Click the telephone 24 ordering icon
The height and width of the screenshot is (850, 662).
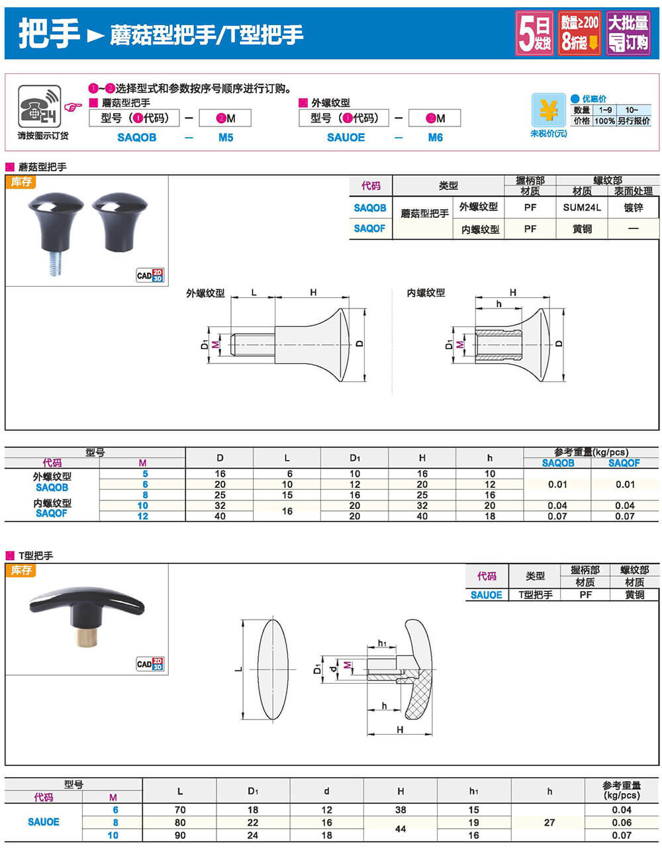(39, 106)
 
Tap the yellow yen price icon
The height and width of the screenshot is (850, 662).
(548, 110)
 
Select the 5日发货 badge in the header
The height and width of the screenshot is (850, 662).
(534, 33)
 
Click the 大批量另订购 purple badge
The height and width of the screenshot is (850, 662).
(628, 33)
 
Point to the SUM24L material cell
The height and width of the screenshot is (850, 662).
(581, 207)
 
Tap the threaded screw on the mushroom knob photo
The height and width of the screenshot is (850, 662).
(55, 263)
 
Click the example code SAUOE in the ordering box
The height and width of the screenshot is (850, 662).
(346, 137)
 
